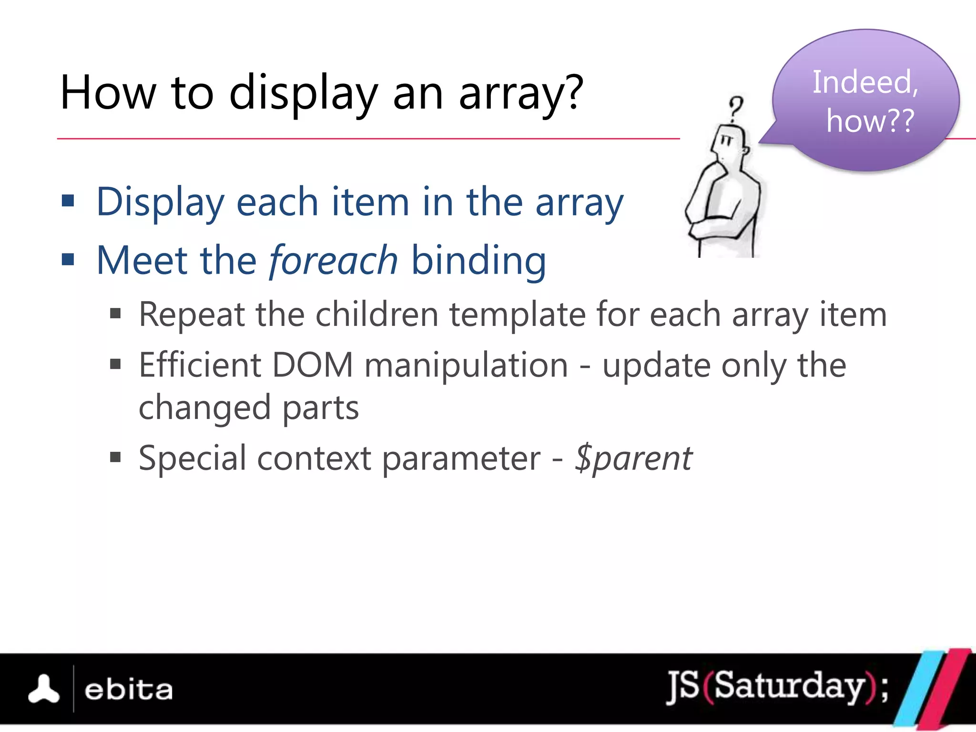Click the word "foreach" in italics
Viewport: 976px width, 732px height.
333,261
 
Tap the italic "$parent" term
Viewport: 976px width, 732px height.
633,458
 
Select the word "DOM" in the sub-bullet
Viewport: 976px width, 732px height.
312,366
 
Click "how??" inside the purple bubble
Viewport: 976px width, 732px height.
870,121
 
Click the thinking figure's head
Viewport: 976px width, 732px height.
729,143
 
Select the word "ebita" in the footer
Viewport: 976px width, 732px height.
128,690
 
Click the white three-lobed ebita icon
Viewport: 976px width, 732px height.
44,689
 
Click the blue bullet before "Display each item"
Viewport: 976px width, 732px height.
68,201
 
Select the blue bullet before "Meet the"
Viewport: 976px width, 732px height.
68,260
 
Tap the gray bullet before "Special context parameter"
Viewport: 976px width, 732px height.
115,457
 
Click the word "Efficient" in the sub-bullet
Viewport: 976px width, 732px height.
200,366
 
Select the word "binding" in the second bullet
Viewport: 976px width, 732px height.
478,261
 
